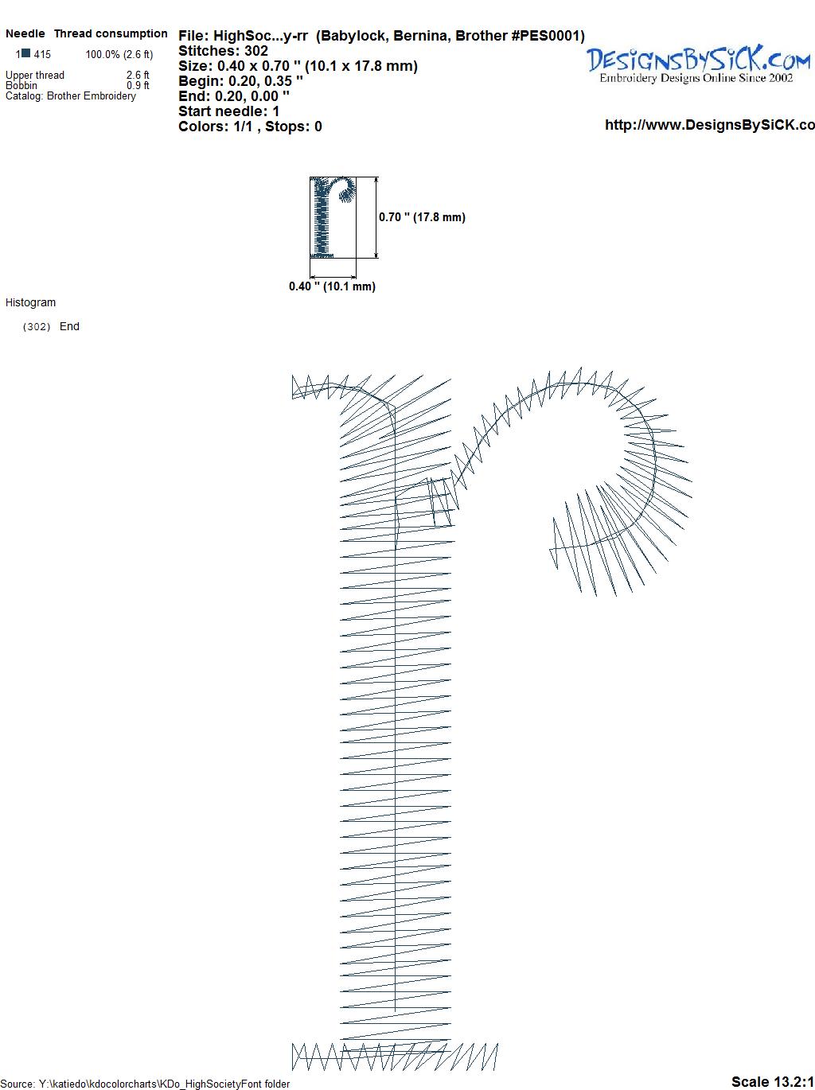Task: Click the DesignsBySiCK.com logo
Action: click(698, 64)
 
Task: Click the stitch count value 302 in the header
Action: click(255, 51)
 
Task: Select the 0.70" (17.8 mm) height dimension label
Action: click(422, 217)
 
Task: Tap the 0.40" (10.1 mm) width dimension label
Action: click(332, 286)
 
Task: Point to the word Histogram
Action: click(30, 302)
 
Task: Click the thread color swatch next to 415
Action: click(25, 53)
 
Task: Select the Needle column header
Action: click(25, 33)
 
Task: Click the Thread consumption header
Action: click(111, 33)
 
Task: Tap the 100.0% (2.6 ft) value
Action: click(119, 55)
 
